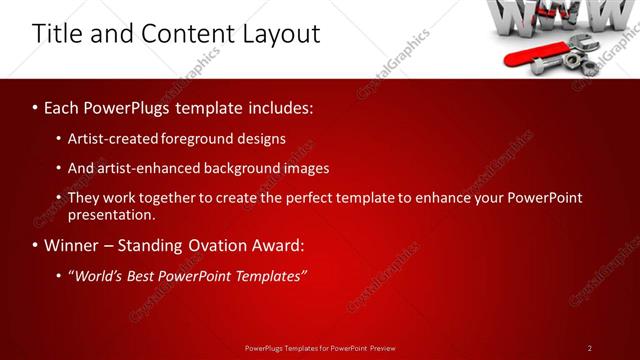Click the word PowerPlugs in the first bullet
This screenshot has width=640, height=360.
[x=124, y=106]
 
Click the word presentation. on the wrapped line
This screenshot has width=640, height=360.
[x=112, y=214]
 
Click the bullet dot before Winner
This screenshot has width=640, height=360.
[x=36, y=246]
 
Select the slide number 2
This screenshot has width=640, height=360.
[x=589, y=348]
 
